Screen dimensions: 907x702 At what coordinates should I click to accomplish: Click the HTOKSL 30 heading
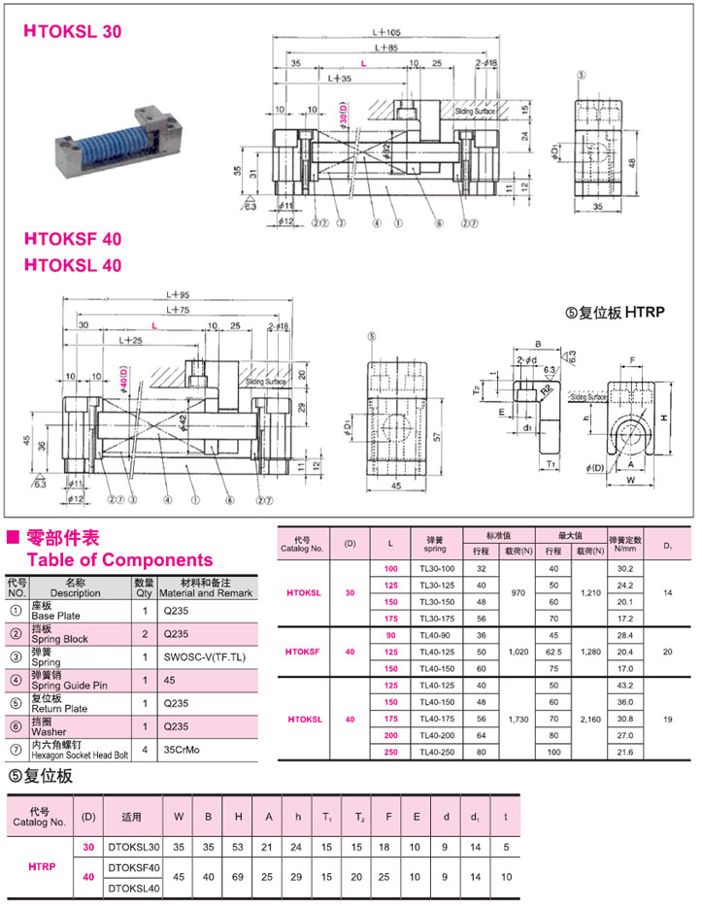point(73,32)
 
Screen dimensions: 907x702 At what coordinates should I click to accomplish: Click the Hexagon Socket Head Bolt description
point(80,755)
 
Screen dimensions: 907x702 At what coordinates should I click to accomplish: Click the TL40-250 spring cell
point(428,753)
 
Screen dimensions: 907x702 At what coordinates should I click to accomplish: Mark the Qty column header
point(144,588)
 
